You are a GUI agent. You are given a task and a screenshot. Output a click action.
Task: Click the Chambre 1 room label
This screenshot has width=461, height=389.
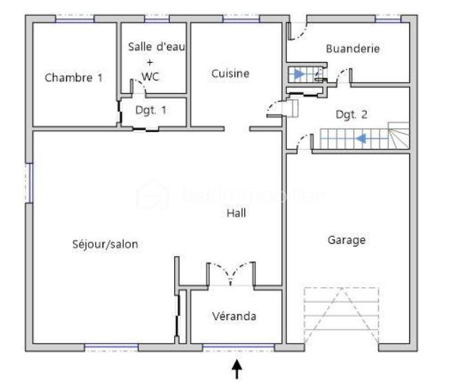74,78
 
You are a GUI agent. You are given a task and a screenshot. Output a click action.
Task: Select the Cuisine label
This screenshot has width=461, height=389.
231,74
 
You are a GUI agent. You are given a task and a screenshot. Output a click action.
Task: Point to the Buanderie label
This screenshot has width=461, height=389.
353,49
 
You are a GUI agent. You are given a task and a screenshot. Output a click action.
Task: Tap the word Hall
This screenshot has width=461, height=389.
237,213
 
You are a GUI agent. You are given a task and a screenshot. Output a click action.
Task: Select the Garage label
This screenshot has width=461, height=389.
346,240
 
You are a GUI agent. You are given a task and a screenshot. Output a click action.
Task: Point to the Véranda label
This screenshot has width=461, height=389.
234,316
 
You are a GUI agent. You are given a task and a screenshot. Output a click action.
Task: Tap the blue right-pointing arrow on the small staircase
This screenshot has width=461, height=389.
299,73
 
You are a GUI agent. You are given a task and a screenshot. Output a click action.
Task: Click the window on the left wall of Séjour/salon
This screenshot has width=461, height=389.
30,182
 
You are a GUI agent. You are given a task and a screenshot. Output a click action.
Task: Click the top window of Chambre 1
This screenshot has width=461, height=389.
74,19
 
